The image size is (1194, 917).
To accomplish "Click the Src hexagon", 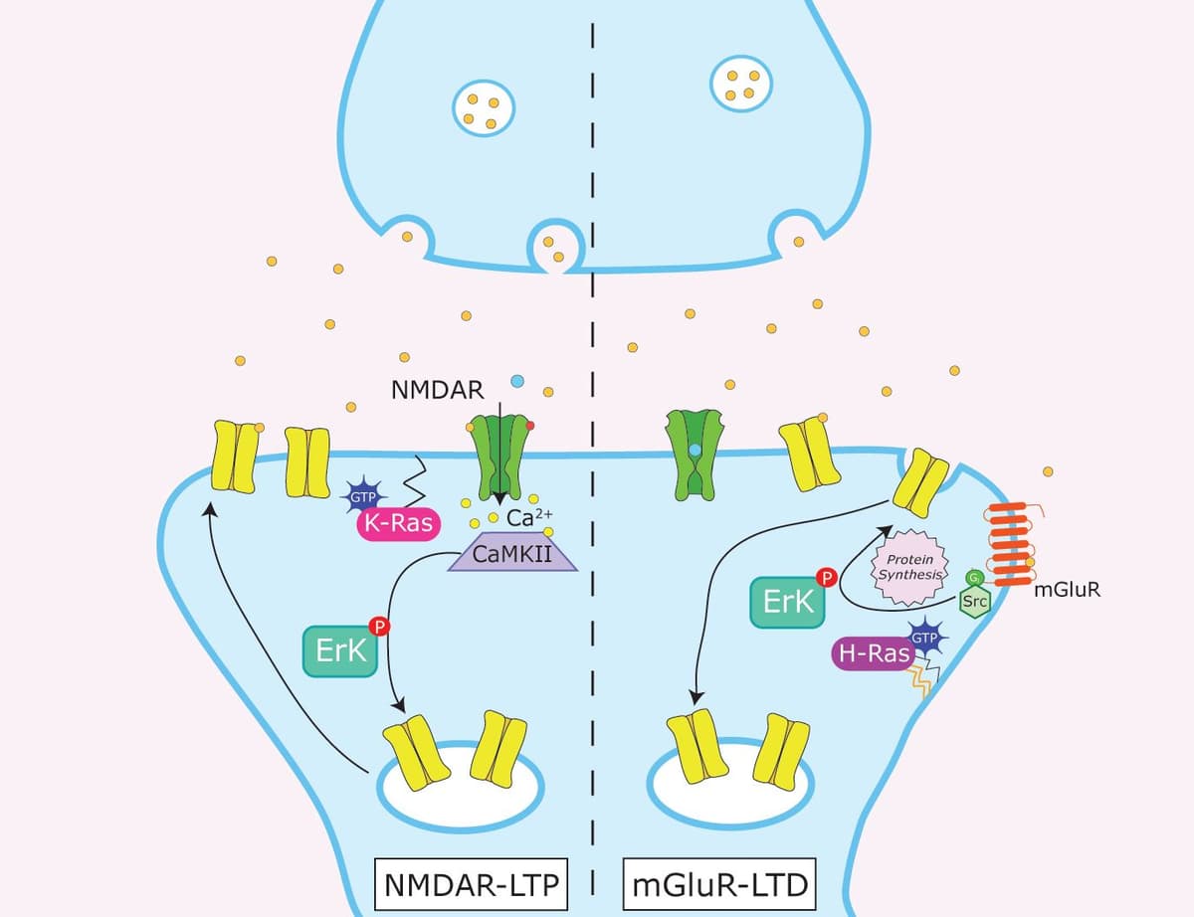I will (x=973, y=601).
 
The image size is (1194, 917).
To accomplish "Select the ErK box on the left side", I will (x=339, y=651).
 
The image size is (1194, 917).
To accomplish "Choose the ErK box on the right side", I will (x=787, y=602).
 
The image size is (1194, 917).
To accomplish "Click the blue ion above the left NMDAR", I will (x=516, y=381).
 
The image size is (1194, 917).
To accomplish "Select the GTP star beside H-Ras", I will (x=926, y=638).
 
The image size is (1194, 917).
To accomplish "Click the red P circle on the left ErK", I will (x=378, y=627).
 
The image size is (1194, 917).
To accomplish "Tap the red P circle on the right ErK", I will (x=825, y=576).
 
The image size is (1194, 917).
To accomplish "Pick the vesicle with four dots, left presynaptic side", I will (x=483, y=108).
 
